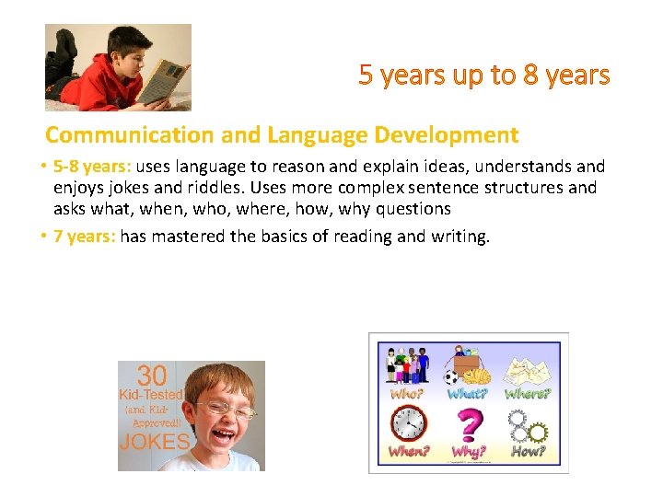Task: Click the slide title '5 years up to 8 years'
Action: tap(484, 75)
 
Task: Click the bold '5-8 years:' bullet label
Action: tap(93, 167)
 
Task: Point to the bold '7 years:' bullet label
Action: tap(85, 237)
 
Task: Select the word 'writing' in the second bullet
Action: tap(457, 237)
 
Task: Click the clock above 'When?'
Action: tap(407, 424)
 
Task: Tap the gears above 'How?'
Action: tap(528, 425)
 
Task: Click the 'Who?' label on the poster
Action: tap(407, 394)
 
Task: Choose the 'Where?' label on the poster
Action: tap(528, 394)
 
